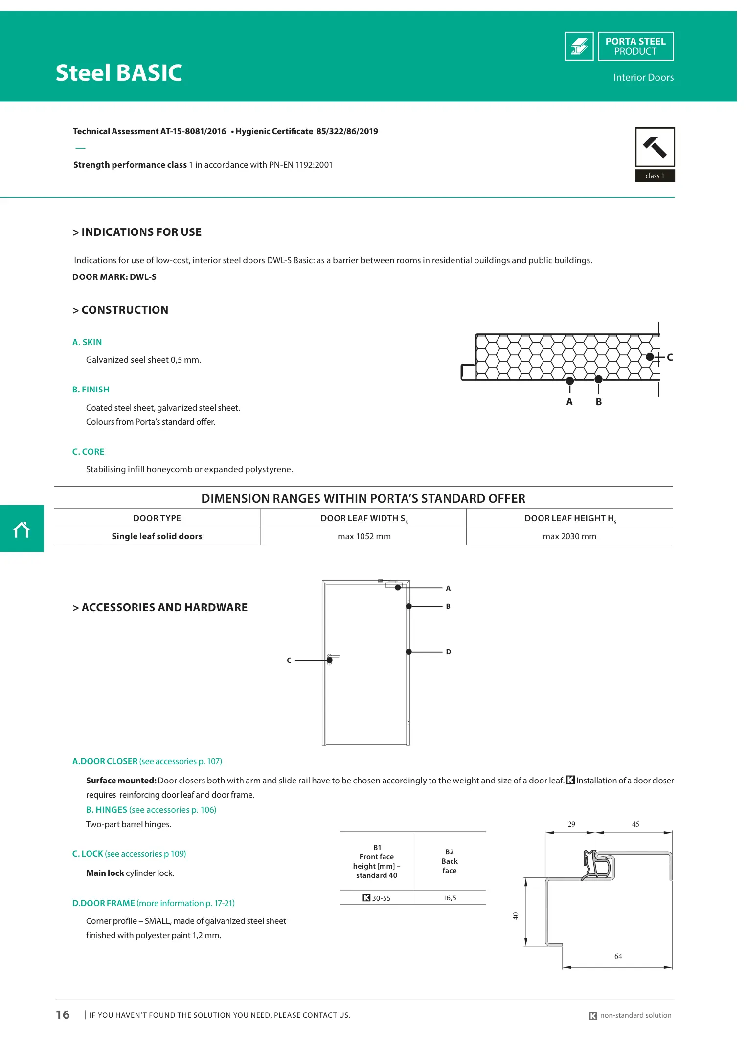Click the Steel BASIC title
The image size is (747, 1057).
point(119,73)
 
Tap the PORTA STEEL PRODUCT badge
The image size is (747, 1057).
point(635,46)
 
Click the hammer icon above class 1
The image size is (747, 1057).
point(655,147)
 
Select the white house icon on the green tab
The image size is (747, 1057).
point(22,529)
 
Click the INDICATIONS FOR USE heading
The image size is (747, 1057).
point(137,232)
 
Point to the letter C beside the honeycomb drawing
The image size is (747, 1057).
point(670,357)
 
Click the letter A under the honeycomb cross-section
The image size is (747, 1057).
point(569,402)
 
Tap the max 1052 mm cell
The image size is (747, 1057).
point(364,536)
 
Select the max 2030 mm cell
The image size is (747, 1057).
point(569,536)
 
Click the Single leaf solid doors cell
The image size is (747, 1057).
point(157,536)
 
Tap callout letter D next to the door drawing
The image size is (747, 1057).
point(448,652)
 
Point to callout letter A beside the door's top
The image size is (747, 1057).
point(448,588)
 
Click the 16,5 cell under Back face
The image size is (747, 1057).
point(450,898)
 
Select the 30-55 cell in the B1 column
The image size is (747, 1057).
point(377,898)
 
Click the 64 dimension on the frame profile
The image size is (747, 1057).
point(618,956)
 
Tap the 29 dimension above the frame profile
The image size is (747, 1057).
point(571,824)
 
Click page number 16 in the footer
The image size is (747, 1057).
point(63,1015)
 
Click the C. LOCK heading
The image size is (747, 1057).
point(129,854)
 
